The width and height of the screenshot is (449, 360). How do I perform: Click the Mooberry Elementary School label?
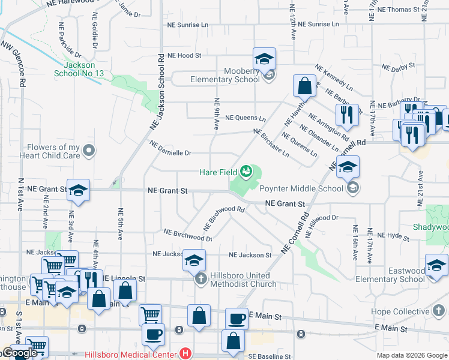(x=225, y=75)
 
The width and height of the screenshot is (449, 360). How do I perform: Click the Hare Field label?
(x=218, y=172)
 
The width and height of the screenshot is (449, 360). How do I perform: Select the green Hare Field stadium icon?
(x=246, y=172)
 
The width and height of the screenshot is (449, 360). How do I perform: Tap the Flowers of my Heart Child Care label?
(x=53, y=151)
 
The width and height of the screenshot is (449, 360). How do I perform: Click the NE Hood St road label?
(x=184, y=55)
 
